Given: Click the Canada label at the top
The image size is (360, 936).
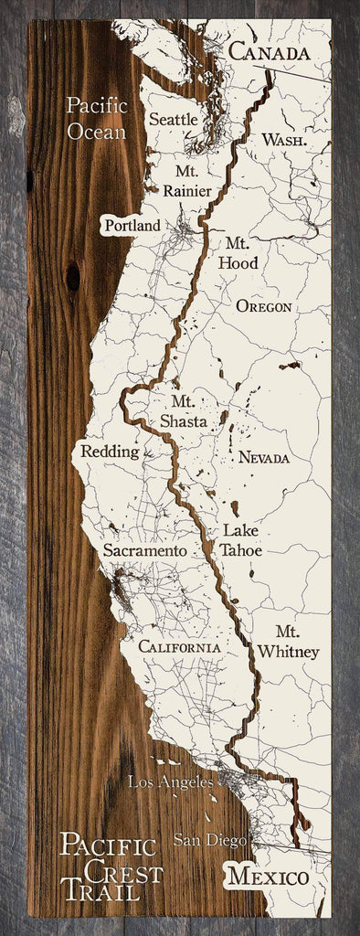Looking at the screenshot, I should click(269, 54).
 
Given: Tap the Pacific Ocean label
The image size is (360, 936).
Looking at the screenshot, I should click(95, 119).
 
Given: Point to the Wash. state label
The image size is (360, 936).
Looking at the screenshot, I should click(282, 140).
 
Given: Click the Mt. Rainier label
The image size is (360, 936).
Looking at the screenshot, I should click(186, 180).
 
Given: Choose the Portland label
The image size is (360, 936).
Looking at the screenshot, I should click(132, 225).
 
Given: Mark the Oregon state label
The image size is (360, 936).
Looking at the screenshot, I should click(263, 307).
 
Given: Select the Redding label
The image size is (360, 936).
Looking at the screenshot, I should click(110, 452).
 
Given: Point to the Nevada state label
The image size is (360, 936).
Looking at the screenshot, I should click(263, 457).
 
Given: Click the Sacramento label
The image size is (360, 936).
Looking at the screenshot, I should click(145, 552).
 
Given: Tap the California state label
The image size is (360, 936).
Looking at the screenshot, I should click(179, 647).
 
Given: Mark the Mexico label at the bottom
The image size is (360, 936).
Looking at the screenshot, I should click(269, 877).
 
